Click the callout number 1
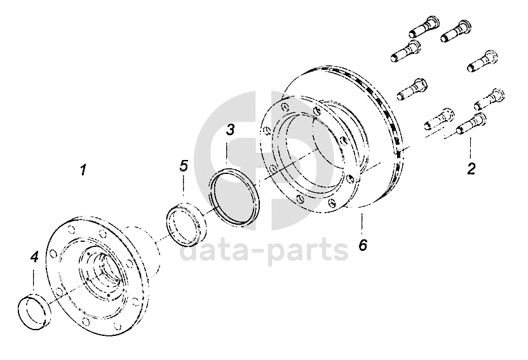click(x=83, y=170)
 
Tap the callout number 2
click(x=471, y=168)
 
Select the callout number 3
click(x=230, y=130)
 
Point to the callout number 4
click(x=34, y=258)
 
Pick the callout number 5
click(x=184, y=166)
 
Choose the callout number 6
click(x=363, y=244)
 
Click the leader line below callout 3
click(x=227, y=153)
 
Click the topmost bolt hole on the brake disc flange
click(x=286, y=107)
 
